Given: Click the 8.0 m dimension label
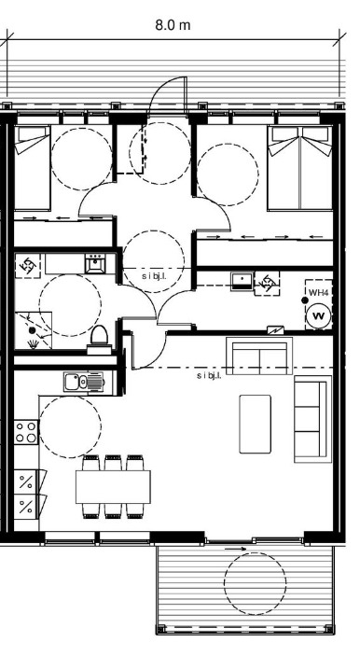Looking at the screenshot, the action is click(x=173, y=25).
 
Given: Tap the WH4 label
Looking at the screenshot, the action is click(x=319, y=292).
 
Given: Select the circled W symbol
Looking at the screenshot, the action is click(x=319, y=315).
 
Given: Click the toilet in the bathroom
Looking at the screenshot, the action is click(x=100, y=340).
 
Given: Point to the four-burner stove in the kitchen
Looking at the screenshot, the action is click(x=26, y=432).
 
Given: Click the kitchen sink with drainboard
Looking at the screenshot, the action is click(x=84, y=382).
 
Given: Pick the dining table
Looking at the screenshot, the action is click(x=113, y=486).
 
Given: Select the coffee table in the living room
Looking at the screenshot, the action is click(x=255, y=424).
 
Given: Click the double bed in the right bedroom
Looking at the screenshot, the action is click(x=299, y=168).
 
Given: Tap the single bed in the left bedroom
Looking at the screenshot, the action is click(x=33, y=168).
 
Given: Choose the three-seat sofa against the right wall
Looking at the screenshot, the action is click(x=312, y=419).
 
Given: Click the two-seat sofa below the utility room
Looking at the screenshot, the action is click(x=259, y=356).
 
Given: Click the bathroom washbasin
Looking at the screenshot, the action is click(x=95, y=263).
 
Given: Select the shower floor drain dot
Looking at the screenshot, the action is click(x=33, y=330).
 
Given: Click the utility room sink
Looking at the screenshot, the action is click(x=242, y=281).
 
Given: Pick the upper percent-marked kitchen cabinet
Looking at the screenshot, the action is click(x=26, y=482).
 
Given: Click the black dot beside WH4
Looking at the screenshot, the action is click(x=305, y=300).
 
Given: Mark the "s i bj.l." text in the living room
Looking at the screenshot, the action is click(x=209, y=375).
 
